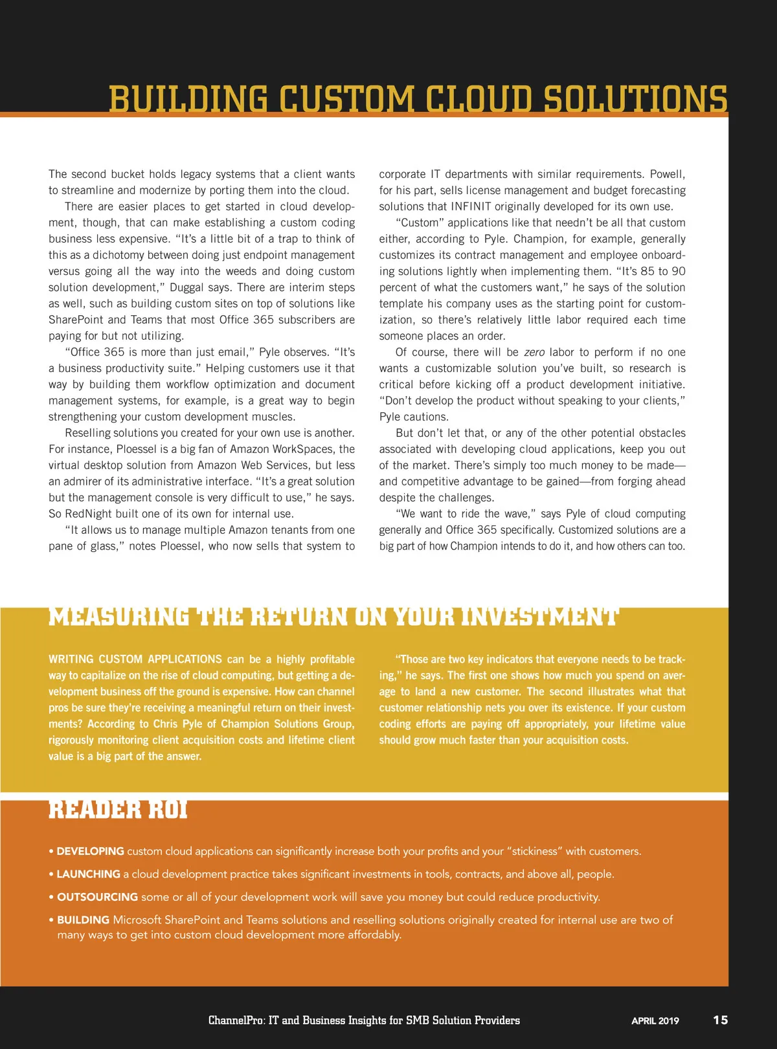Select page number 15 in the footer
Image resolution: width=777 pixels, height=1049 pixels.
click(720, 1020)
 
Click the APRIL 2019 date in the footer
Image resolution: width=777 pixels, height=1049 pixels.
click(655, 1021)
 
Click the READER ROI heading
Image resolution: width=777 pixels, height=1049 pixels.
click(118, 810)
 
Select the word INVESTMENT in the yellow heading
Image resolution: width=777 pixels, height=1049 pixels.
click(539, 617)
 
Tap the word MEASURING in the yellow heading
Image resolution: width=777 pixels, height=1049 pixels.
click(119, 617)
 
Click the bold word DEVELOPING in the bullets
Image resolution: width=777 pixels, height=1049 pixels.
click(90, 851)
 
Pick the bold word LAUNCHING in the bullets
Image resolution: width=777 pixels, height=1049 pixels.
click(88, 874)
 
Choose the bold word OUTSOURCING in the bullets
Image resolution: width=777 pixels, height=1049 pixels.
click(97, 897)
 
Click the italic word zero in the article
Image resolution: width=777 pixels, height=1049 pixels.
click(534, 352)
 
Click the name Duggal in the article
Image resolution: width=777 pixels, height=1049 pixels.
click(186, 287)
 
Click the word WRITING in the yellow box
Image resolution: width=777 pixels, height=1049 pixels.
click(70, 659)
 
